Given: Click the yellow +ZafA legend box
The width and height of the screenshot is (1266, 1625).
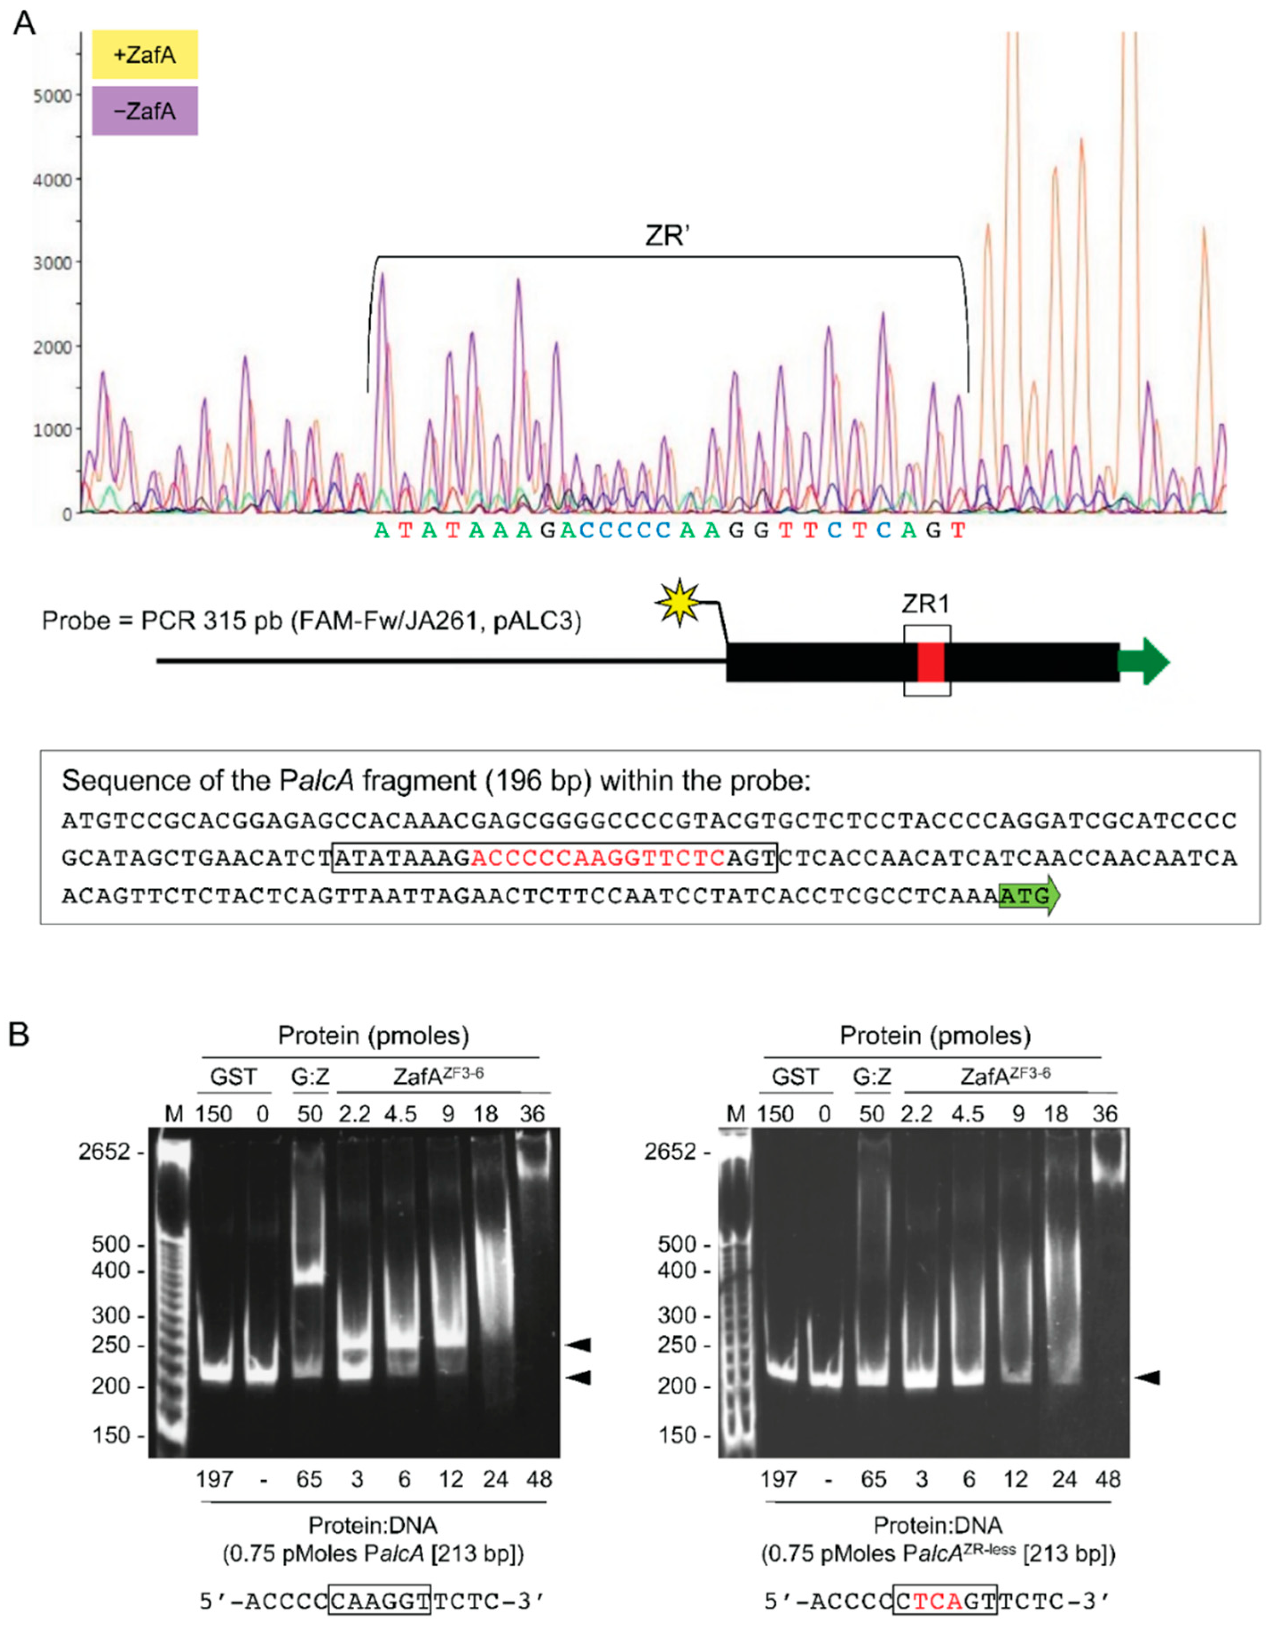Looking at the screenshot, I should [145, 55].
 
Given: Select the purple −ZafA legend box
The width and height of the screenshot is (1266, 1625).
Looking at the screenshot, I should [145, 111].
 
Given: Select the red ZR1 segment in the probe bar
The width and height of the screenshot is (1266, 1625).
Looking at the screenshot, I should [930, 662].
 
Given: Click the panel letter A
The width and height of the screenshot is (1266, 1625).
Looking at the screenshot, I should [24, 24].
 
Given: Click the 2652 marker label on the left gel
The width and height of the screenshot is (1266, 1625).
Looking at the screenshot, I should [104, 1152].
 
